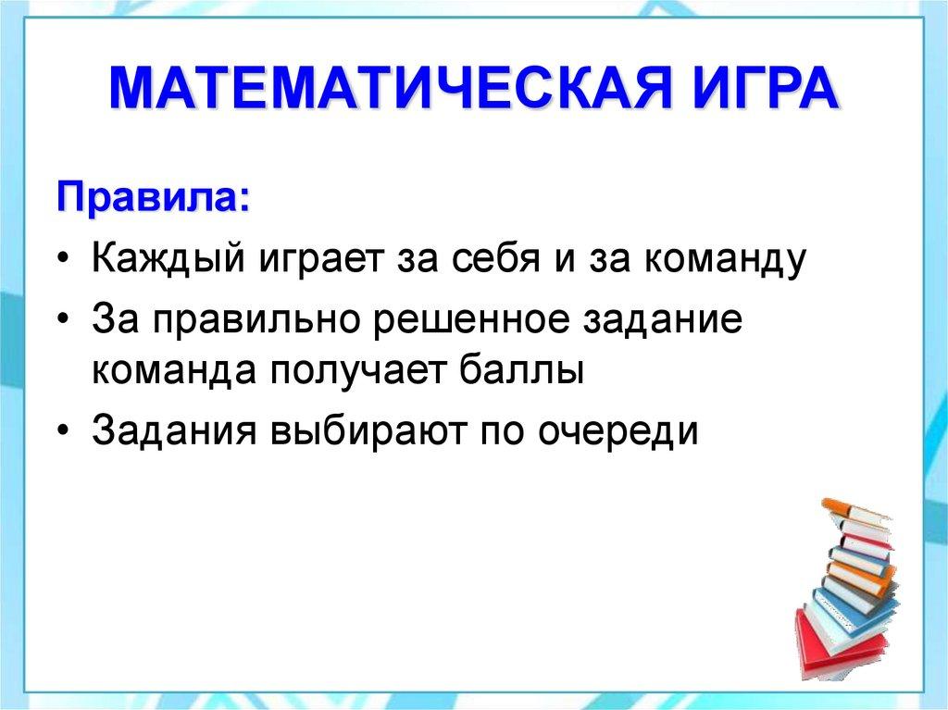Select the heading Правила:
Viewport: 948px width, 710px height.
pos(153,198)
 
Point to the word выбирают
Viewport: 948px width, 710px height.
pos(365,431)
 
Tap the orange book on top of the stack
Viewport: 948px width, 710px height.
pos(847,509)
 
